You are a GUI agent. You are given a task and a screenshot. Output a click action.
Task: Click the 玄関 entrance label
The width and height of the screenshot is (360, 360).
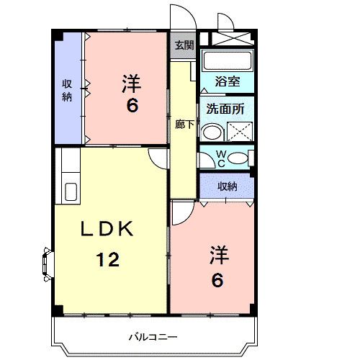[184, 45]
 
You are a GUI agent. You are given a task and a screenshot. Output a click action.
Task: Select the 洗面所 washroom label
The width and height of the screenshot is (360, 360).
[225, 109]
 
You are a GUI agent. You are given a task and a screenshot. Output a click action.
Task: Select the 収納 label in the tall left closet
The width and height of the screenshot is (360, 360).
[66, 90]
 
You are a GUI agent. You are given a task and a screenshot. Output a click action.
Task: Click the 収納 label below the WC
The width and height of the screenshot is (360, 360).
[227, 186]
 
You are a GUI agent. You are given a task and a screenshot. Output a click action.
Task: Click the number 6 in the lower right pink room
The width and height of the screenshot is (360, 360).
[216, 279]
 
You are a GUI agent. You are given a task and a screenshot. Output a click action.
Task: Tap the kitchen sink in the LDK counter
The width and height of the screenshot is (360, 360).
[71, 192]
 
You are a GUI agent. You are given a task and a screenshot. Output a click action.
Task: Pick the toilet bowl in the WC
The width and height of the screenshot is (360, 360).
[239, 157]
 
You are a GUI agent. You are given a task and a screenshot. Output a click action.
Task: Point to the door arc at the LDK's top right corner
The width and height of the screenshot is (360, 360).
[159, 158]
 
